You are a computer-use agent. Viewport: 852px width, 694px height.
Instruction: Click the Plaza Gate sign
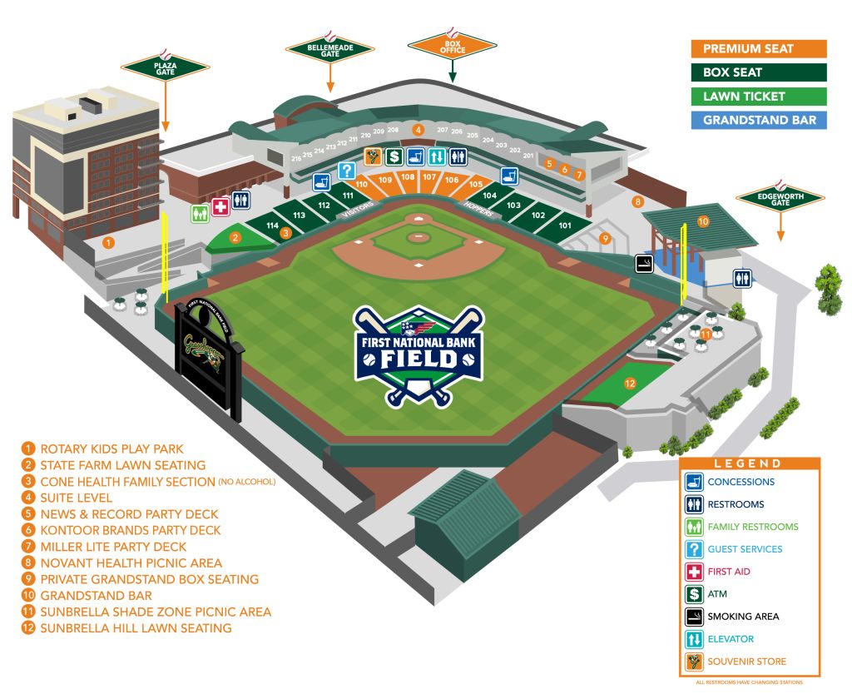pyautogui.click(x=165, y=66)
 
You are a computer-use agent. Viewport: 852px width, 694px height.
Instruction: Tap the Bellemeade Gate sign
pyautogui.click(x=330, y=48)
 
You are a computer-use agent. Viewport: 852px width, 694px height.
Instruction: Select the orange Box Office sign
pyautogui.click(x=452, y=45)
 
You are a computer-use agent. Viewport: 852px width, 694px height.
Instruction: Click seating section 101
pyautogui.click(x=565, y=226)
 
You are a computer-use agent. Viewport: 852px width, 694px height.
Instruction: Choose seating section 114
pyautogui.click(x=272, y=226)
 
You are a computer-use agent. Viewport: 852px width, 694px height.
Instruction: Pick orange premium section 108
pyautogui.click(x=408, y=176)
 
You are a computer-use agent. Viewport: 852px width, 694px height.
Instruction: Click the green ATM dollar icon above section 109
pyautogui.click(x=394, y=156)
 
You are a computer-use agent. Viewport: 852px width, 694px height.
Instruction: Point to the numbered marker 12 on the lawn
pyautogui.click(x=631, y=384)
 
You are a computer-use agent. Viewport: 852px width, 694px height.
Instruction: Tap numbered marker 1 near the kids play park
pyautogui.click(x=108, y=242)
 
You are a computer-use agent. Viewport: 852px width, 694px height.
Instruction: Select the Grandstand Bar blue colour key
pyautogui.click(x=759, y=120)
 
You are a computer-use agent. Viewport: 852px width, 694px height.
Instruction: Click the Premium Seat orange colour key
pyautogui.click(x=759, y=49)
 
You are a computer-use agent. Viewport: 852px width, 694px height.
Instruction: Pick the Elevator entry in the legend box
pyautogui.click(x=731, y=639)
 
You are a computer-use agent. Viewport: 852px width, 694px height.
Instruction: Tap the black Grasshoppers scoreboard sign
pyautogui.click(x=209, y=359)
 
